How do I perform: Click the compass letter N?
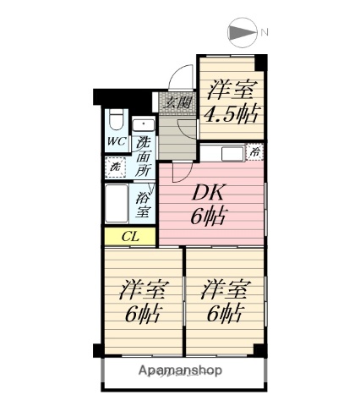[265, 33]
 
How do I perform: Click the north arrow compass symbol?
[243, 33]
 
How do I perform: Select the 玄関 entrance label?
[177, 104]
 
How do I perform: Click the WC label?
[116, 142]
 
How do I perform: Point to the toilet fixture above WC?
[116, 121]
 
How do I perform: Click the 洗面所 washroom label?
[145, 156]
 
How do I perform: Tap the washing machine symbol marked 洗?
[115, 167]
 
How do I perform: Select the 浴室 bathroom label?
[143, 205]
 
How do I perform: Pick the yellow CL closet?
[128, 237]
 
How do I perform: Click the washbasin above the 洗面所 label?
[145, 124]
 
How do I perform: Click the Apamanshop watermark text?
[181, 370]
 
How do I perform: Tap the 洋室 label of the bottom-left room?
[140, 290]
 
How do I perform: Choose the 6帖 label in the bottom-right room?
[224, 314]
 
